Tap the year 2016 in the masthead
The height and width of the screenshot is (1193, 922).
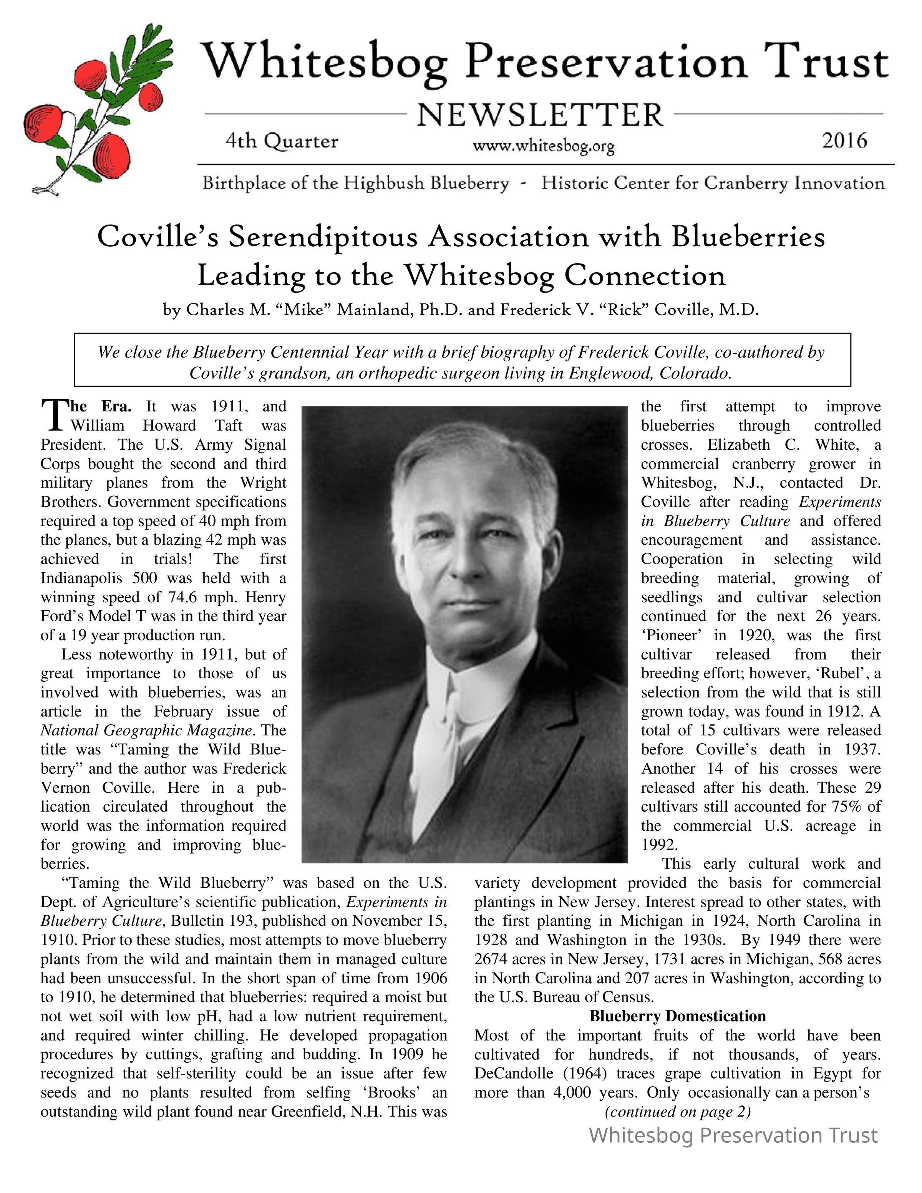pyautogui.click(x=844, y=141)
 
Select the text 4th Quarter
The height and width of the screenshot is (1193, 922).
pyautogui.click(x=282, y=141)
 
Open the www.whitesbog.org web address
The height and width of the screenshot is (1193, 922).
pyautogui.click(x=544, y=146)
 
